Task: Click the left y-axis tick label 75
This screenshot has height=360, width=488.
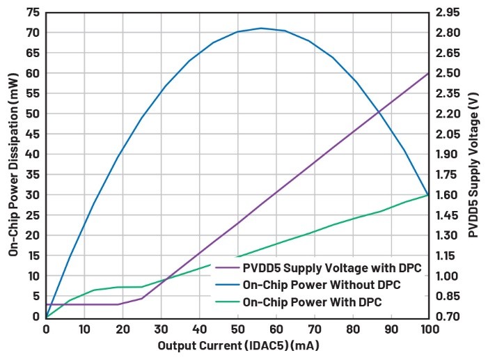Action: click(x=31, y=13)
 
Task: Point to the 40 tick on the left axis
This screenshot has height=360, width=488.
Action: click(x=31, y=155)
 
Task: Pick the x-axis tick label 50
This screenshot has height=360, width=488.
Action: click(x=237, y=329)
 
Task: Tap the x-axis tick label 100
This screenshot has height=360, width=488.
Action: click(x=427, y=329)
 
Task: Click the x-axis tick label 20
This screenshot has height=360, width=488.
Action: click(x=123, y=329)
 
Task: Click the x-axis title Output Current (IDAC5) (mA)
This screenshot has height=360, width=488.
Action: click(x=237, y=345)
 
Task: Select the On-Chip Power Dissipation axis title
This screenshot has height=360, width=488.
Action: click(x=13, y=164)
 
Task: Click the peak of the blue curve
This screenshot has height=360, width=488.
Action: click(x=261, y=29)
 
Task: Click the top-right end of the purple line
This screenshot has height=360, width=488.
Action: click(x=427, y=73)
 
